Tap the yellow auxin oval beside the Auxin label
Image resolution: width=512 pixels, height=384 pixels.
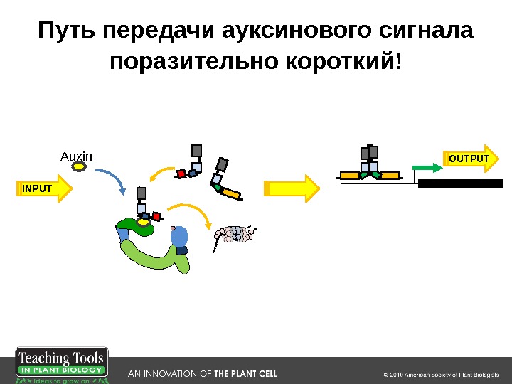[x=80, y=169]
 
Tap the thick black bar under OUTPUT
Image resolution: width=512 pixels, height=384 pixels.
[x=460, y=183]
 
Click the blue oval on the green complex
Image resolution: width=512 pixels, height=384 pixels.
[x=180, y=236]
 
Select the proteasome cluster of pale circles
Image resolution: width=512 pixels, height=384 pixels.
[x=235, y=234]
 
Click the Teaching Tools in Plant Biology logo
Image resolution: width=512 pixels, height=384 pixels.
[x=62, y=366]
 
